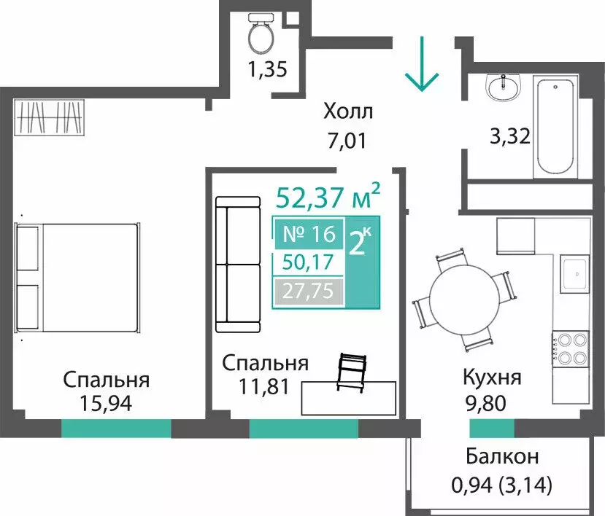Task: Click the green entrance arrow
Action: tap(423, 74)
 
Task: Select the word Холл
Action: tap(348, 112)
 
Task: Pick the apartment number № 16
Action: tap(308, 234)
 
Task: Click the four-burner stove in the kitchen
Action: tap(570, 348)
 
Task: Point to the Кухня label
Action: tap(492, 378)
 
